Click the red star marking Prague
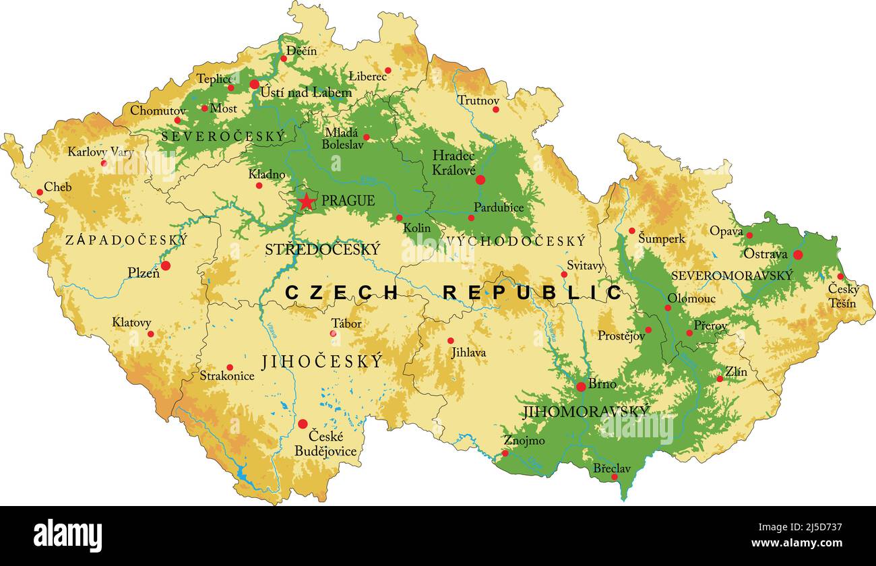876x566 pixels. click(307, 201)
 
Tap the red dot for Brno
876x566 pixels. click(581, 387)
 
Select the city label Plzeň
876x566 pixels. click(144, 273)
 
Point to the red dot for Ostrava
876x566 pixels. click(798, 255)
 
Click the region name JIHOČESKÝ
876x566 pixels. click(321, 362)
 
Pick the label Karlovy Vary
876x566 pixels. click(100, 152)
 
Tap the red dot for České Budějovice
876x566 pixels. click(303, 424)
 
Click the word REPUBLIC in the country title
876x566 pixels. click(532, 292)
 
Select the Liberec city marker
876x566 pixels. click(387, 70)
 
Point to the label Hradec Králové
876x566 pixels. click(454, 163)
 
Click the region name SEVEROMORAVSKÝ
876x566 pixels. click(732, 276)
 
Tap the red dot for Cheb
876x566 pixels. click(40, 192)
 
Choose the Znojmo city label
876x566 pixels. click(524, 441)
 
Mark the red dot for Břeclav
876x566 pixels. click(614, 477)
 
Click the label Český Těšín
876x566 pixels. click(843, 296)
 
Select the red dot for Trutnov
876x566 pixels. click(495, 109)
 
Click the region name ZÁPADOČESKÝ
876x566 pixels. click(126, 240)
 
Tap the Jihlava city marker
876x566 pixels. click(451, 340)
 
